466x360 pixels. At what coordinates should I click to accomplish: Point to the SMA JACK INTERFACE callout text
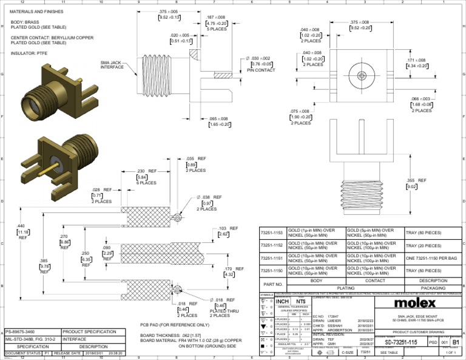click(112, 65)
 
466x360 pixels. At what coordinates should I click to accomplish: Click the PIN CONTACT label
click(260, 70)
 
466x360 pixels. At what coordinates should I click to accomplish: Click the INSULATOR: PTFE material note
click(29, 53)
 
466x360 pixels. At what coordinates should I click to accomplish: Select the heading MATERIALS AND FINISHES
click(37, 12)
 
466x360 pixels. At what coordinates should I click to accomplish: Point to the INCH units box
click(282, 301)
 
